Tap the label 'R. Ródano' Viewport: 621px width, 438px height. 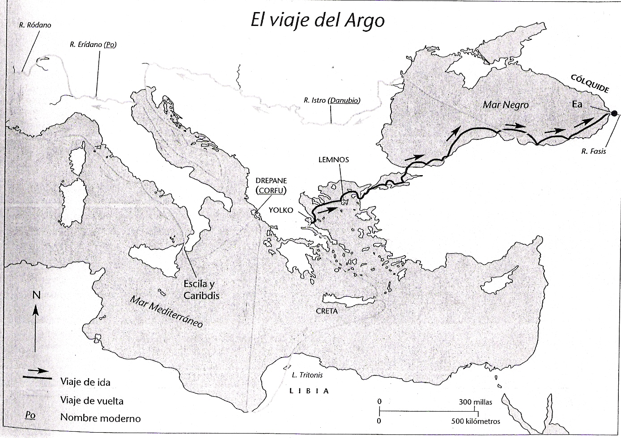[x=35, y=25]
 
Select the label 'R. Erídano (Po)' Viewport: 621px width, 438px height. [x=93, y=45]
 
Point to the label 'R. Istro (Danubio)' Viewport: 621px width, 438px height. [x=332, y=101]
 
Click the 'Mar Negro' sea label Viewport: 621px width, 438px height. [x=506, y=105]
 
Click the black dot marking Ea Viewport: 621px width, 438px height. [x=615, y=113]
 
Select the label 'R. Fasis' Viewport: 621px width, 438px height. [x=594, y=151]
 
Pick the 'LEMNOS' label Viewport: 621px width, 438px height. [x=333, y=160]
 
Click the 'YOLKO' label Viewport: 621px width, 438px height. [x=281, y=210]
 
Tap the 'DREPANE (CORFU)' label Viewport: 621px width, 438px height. [x=271, y=185]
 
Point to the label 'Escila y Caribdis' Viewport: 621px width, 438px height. [x=202, y=290]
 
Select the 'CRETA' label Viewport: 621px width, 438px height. [x=327, y=311]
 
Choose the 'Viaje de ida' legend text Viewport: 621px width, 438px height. [x=85, y=382]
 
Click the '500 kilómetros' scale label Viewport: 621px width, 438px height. [x=476, y=421]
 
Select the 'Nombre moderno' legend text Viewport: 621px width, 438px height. [x=100, y=418]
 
